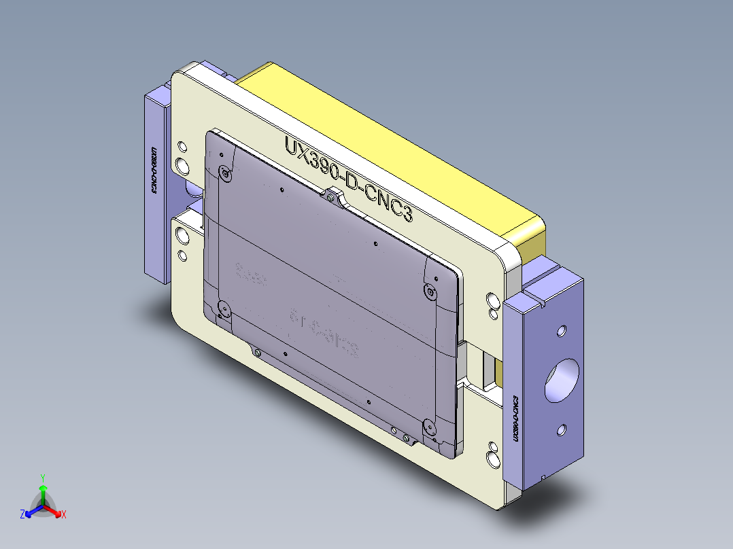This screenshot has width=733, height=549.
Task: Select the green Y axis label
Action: click(x=42, y=478)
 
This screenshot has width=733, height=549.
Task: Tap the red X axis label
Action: click(x=64, y=514)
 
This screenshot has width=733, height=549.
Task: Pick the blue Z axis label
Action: click(x=22, y=514)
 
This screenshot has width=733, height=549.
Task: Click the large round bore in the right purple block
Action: click(x=562, y=381)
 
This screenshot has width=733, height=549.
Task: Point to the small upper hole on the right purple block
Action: click(x=561, y=332)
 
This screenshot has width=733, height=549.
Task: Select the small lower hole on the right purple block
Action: click(x=561, y=429)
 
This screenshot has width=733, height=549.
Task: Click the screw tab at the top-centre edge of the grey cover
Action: click(x=331, y=196)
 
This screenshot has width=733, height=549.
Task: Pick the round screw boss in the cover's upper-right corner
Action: click(x=430, y=291)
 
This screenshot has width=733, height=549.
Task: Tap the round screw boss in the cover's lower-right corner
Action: click(x=429, y=427)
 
